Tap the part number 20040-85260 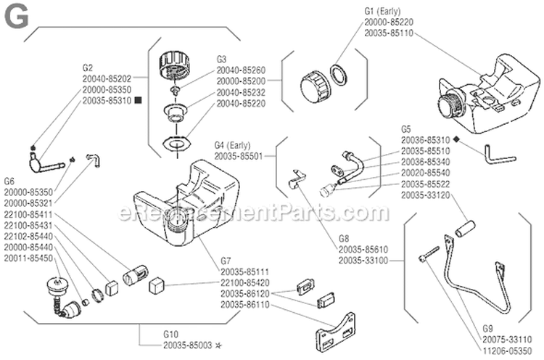pyautogui.click(x=241, y=70)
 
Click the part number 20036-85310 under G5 pyautogui.click(x=425, y=139)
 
